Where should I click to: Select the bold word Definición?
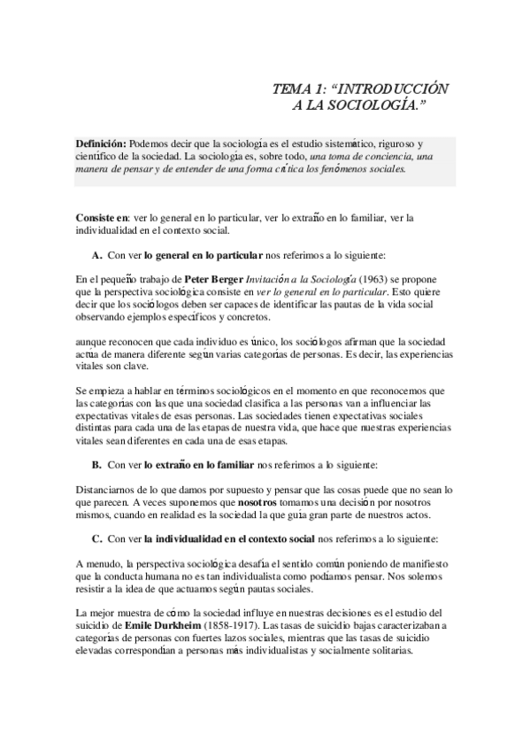point(101,143)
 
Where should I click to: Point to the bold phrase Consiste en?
point(102,218)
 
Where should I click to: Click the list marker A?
point(96,255)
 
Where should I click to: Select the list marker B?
point(96,464)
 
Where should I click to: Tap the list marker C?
point(96,538)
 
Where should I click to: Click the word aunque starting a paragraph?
point(91,342)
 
